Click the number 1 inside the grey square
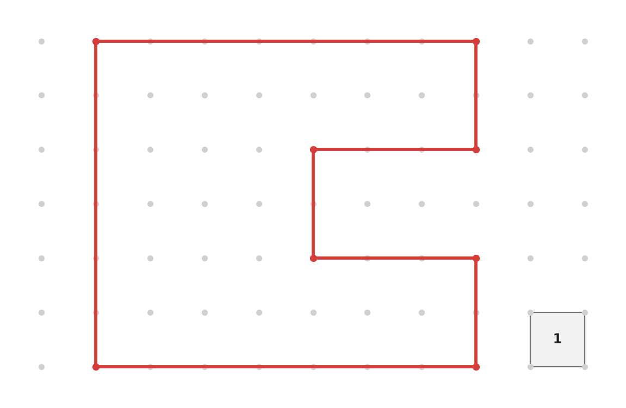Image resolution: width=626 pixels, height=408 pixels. tap(557, 338)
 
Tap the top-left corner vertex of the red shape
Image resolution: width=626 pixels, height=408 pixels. tap(96, 41)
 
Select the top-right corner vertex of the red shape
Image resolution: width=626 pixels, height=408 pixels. tap(476, 41)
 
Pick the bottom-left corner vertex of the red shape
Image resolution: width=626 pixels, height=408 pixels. tap(96, 367)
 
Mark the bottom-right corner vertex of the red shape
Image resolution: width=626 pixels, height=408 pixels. tap(476, 367)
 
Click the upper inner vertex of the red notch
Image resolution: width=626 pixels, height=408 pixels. tap(313, 149)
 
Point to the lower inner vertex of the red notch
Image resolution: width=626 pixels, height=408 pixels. tap(313, 259)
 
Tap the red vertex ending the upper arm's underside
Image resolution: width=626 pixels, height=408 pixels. tap(476, 149)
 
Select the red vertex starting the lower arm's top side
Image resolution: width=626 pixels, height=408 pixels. tap(476, 259)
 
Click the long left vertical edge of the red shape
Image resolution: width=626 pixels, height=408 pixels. tap(96, 204)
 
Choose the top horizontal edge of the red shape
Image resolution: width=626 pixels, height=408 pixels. tap(286, 41)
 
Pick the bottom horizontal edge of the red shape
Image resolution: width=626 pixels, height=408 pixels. tap(286, 367)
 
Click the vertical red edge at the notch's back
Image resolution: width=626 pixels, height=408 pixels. tap(313, 204)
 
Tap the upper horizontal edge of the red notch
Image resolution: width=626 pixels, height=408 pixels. tap(394, 149)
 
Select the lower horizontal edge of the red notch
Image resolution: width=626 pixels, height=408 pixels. tap(394, 259)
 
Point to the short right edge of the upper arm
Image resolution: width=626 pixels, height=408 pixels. tap(476, 96)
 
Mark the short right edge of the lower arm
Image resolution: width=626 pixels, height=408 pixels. tap(476, 313)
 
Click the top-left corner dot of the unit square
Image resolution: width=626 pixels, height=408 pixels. tap(531, 313)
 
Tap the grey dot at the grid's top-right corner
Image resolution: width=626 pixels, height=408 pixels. tap(585, 41)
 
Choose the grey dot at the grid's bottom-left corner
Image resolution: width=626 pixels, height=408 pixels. tap(41, 367)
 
